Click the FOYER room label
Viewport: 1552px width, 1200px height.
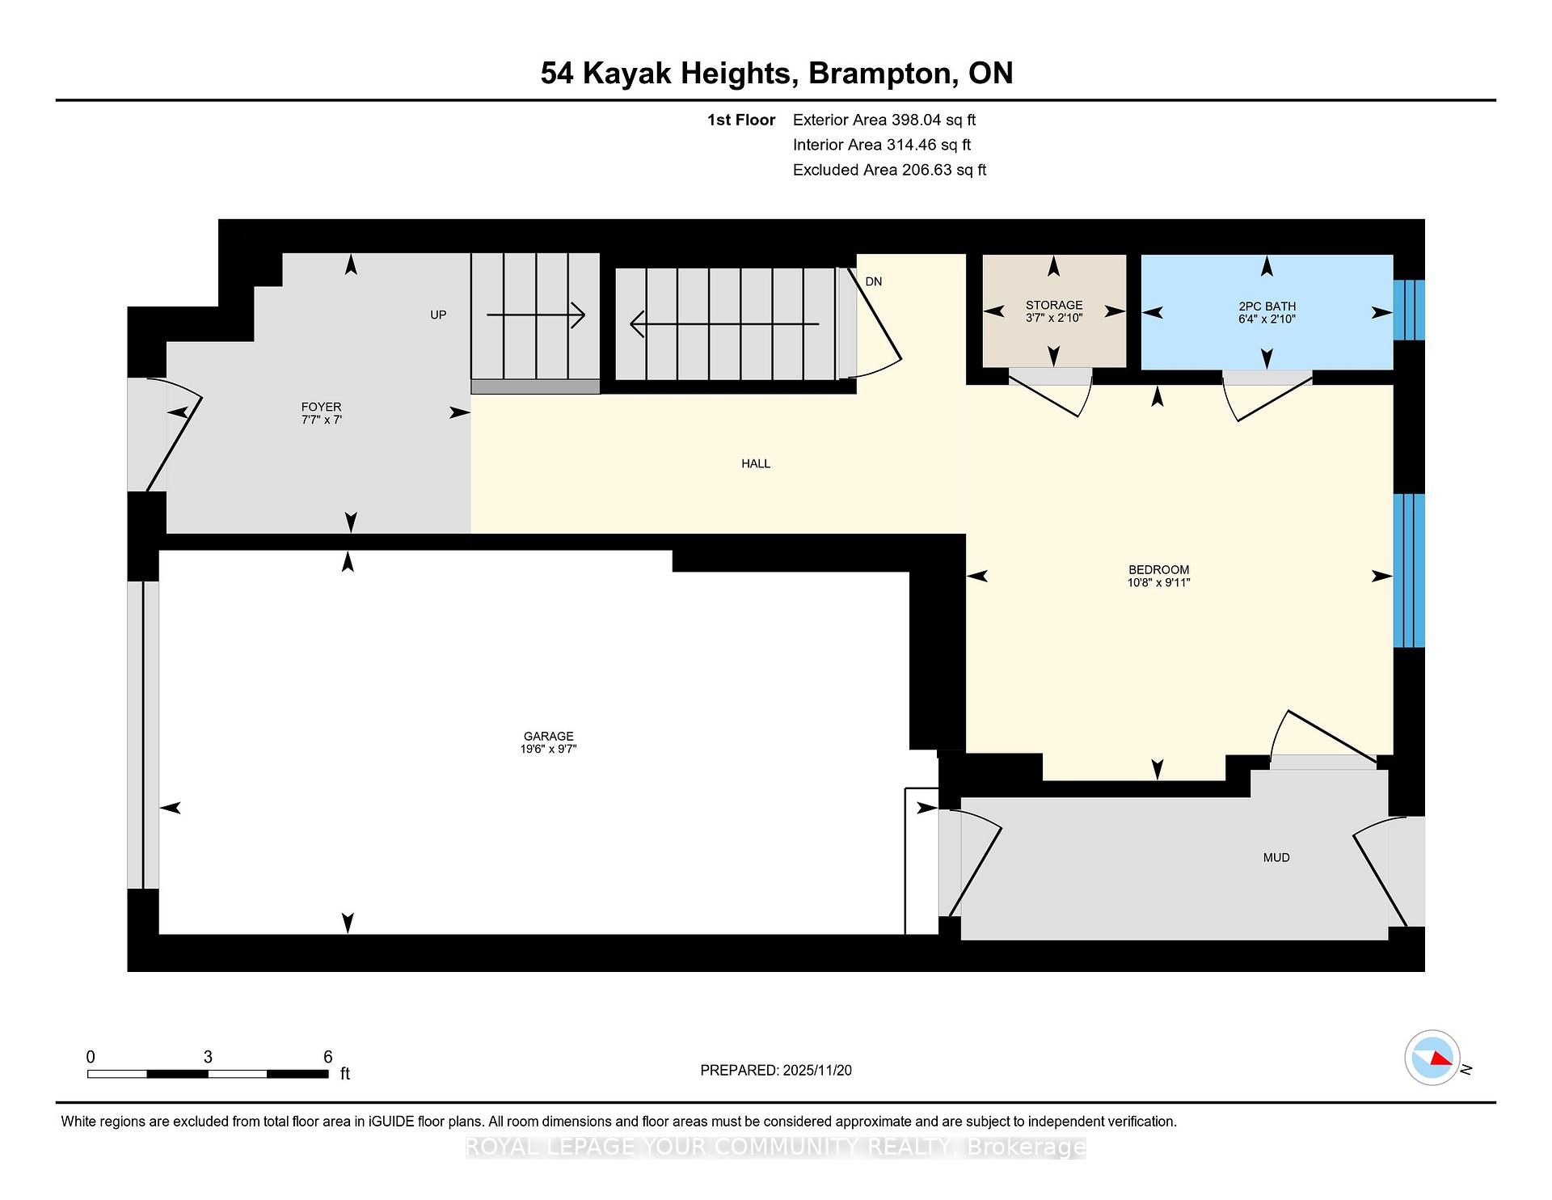(321, 407)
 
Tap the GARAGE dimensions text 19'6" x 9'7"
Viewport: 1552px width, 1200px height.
(548, 749)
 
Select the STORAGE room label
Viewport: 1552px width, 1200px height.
(1053, 305)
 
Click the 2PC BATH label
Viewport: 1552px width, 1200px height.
(1267, 306)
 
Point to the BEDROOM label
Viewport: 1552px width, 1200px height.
(1158, 569)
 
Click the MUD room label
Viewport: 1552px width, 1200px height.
(1276, 857)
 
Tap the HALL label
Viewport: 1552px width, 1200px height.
(756, 463)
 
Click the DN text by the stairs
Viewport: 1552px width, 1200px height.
(873, 281)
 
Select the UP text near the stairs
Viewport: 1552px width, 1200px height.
(437, 315)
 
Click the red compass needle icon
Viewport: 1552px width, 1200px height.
(1440, 1058)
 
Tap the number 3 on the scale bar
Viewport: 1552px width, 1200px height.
(208, 1057)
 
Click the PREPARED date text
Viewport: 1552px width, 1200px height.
(775, 1070)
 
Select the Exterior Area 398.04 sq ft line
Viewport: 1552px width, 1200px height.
(884, 120)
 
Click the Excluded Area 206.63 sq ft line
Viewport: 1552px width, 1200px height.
(889, 170)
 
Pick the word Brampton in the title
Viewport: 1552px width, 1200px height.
(880, 73)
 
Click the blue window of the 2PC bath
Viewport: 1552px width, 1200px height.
(1408, 311)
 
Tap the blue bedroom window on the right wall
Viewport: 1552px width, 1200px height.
(1408, 571)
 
